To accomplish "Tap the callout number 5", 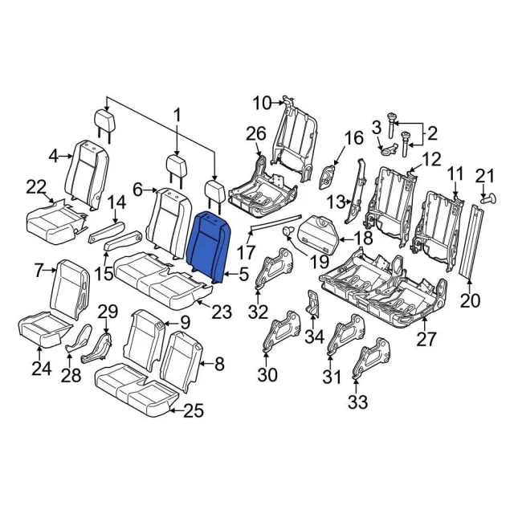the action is tap(244, 274).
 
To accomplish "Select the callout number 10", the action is tap(263, 104).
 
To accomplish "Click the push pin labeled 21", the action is tap(489, 198).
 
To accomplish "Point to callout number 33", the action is tap(357, 402).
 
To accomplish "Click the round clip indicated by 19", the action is tap(288, 231).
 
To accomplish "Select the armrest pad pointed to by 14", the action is tap(107, 232).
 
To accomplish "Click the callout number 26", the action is tap(256, 135).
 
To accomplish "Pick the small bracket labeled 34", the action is tap(312, 303).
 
